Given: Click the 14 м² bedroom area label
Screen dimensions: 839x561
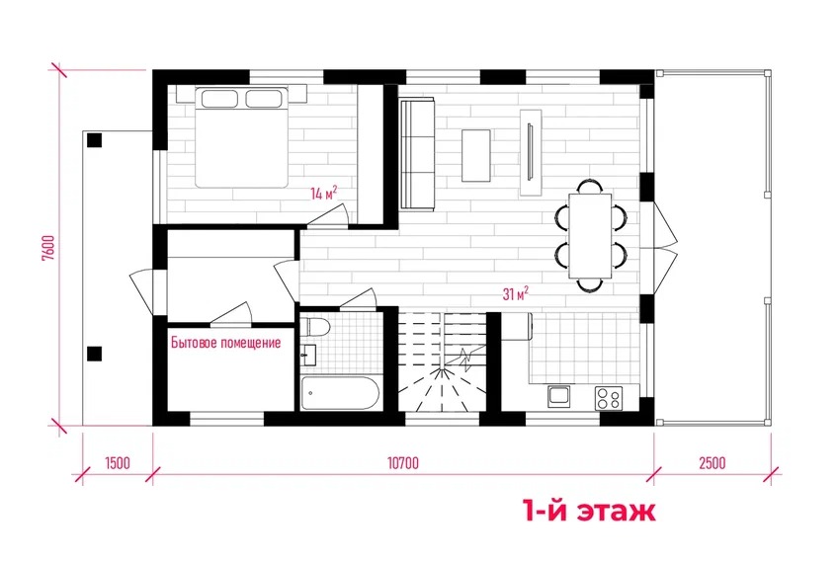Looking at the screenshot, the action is [x=324, y=193].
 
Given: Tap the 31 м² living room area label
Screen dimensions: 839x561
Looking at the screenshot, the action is [x=516, y=293].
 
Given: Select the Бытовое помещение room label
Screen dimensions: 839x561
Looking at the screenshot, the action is [x=225, y=343].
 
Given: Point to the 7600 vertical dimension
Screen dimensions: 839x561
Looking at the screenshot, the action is [x=48, y=248].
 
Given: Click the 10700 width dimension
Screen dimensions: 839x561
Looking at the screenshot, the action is [x=403, y=462].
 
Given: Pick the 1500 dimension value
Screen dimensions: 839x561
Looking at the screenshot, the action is [x=118, y=462].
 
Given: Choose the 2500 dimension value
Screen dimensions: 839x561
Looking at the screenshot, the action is [x=713, y=462].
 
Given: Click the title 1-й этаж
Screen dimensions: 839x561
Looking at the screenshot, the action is [x=589, y=512].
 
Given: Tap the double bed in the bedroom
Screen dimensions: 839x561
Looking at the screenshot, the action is [x=241, y=137].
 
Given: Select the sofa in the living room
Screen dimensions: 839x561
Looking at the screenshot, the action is [x=417, y=154].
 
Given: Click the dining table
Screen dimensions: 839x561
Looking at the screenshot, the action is [x=590, y=236].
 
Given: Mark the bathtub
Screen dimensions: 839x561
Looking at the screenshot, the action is [x=340, y=393].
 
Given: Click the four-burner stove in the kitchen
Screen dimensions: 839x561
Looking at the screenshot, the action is [x=609, y=398].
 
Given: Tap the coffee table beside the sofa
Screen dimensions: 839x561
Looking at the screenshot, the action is [x=476, y=155].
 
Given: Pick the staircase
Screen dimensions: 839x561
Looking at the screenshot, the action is [x=442, y=362].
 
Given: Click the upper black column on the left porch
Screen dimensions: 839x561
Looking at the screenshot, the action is [x=95, y=140].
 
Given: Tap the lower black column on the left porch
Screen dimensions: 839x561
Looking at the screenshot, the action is [x=95, y=354].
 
